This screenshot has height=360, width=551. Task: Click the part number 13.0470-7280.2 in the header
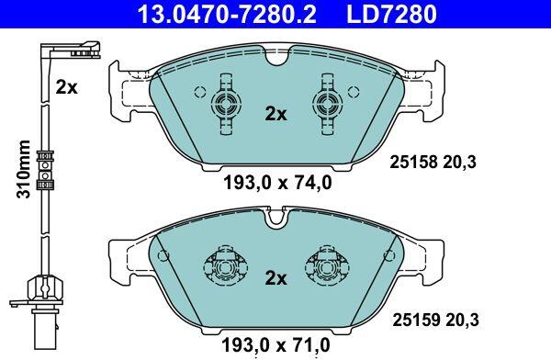point(228,14)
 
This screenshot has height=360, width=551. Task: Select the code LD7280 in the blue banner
point(391,14)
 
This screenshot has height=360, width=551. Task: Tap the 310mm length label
point(24,169)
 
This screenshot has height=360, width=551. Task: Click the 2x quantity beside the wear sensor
point(66,87)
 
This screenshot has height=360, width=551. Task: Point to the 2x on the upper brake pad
point(275,114)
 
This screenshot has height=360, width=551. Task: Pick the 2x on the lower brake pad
point(275,278)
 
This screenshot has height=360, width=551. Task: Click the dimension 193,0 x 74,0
point(277,183)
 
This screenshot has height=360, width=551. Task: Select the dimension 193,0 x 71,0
point(275,345)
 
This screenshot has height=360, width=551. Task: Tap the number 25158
point(413,162)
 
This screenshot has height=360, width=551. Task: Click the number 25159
point(416,320)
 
